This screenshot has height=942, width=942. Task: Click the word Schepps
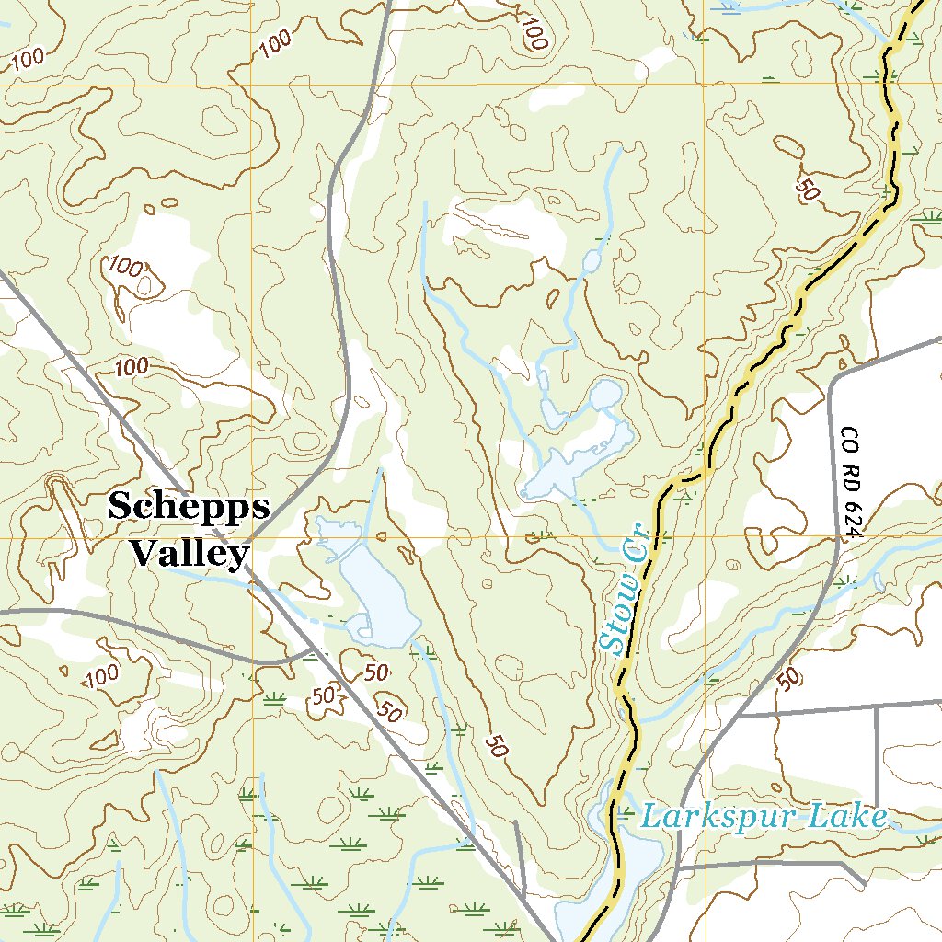click(x=189, y=506)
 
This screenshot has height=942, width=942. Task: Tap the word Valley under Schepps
click(x=189, y=553)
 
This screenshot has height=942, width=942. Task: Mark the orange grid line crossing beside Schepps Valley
click(x=254, y=536)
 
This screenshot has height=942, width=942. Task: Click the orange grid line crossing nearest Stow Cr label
click(x=705, y=536)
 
